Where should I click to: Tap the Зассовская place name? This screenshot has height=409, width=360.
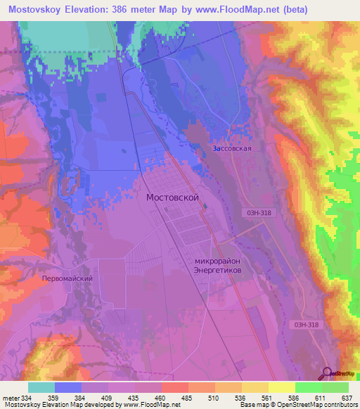point(231,149)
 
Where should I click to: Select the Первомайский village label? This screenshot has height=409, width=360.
point(68,278)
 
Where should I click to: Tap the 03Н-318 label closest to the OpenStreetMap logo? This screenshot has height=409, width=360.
point(304,324)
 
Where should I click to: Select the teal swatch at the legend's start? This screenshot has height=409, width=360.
point(41,387)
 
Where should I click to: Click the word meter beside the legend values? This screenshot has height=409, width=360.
point(12,398)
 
